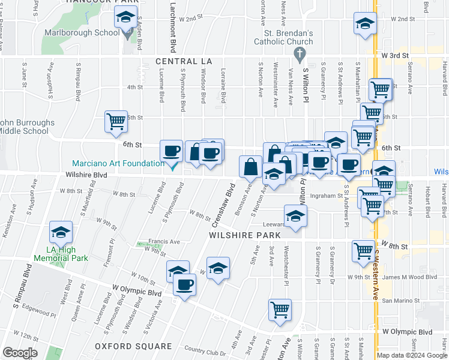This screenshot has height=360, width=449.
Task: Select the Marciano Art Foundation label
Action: [x=118, y=163]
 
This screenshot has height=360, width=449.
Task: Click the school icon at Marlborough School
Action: [x=126, y=18]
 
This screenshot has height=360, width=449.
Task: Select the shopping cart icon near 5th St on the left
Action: [x=116, y=121]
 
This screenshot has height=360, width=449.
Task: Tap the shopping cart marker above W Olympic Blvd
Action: [x=279, y=310]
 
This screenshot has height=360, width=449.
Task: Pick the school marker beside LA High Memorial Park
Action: [x=60, y=232]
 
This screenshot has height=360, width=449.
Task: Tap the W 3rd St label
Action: [x=394, y=55]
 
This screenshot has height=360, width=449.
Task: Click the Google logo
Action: [x=20, y=353]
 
